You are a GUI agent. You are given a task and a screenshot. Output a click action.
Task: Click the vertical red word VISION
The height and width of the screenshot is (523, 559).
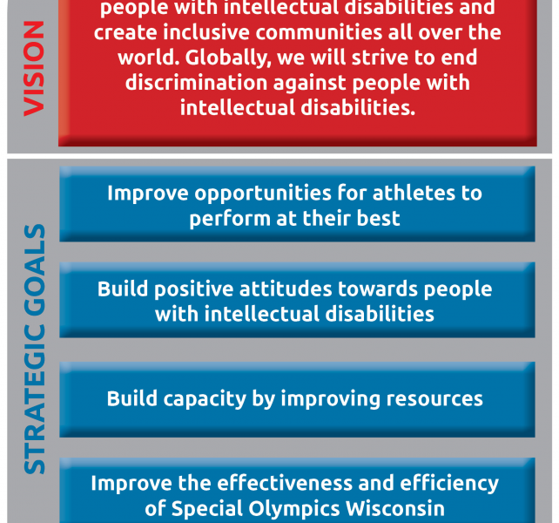click(x=34, y=69)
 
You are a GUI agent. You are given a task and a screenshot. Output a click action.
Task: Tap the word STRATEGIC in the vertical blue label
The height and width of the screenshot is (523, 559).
click(x=35, y=399)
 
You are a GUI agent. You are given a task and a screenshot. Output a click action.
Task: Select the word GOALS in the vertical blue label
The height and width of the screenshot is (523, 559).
click(x=35, y=270)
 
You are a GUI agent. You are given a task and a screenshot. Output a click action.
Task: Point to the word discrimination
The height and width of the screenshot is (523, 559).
click(x=196, y=83)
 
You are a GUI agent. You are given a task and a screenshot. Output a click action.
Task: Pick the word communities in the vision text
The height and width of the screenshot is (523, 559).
click(x=319, y=32)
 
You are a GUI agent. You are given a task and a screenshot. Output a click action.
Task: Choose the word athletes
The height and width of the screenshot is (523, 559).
click(x=414, y=194)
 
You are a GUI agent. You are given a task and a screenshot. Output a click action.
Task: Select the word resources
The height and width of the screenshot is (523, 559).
click(x=434, y=399)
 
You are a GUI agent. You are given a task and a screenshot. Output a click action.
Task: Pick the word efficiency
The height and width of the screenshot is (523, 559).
click(x=449, y=485)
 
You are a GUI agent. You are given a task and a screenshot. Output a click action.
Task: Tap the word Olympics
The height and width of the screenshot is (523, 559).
click(x=294, y=509)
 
